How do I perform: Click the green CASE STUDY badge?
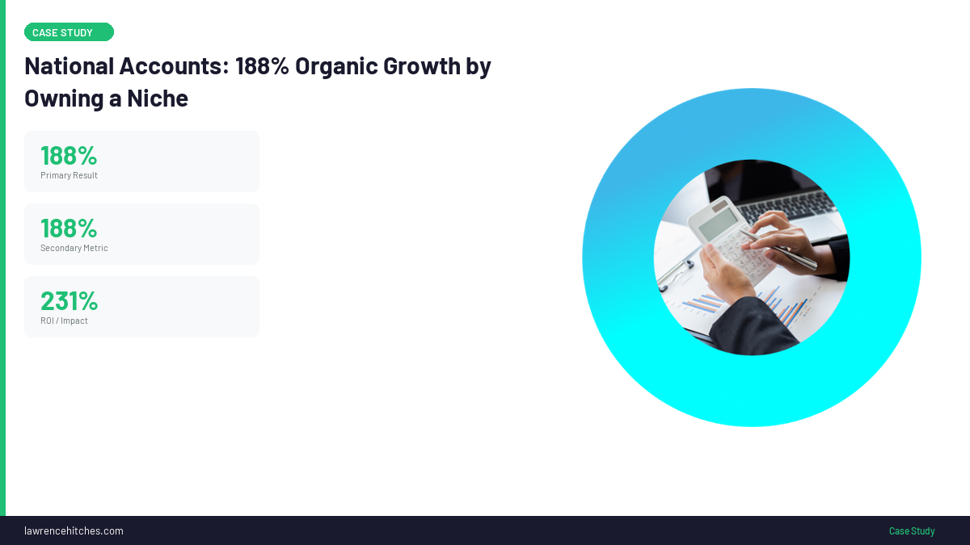click(69, 32)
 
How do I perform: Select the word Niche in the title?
click(158, 99)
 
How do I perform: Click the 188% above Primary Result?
click(69, 155)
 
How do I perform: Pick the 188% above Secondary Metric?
click(69, 228)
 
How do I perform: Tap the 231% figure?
click(69, 300)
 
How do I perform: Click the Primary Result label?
click(69, 175)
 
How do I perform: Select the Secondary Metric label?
click(74, 248)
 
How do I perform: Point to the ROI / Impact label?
click(64, 321)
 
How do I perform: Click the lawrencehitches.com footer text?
click(74, 530)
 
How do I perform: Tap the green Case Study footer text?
click(912, 530)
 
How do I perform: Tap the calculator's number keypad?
click(740, 254)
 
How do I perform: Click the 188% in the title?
click(262, 66)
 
